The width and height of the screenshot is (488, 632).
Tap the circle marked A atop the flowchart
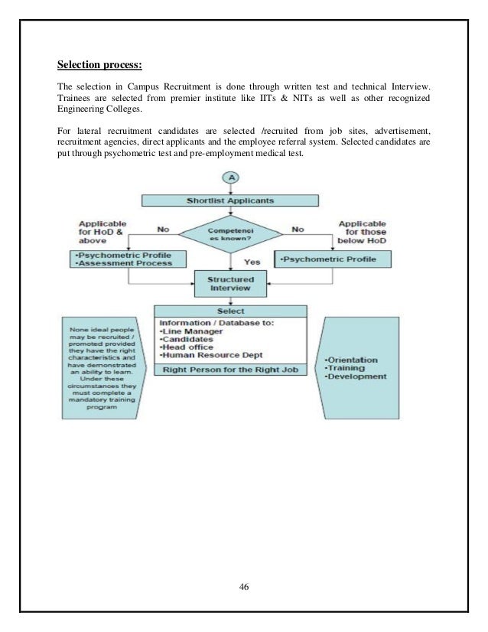pos(230,178)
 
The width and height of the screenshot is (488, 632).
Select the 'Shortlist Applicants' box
pos(230,201)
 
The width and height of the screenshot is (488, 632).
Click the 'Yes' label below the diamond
pos(252,262)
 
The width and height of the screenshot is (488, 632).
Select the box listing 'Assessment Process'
pos(123,259)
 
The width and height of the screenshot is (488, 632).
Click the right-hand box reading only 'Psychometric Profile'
pos(333,259)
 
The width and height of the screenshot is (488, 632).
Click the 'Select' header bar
pos(230,311)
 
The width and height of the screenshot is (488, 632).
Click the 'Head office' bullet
pos(188,347)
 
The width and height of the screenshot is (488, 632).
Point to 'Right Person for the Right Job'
pos(230,370)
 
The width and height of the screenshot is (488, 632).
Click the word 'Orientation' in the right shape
pos(352,359)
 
